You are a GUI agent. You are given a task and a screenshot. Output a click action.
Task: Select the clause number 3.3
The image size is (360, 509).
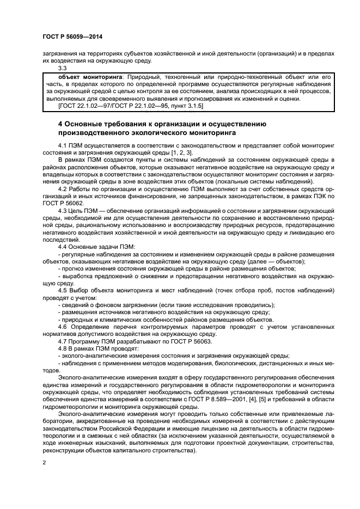coord(63,69)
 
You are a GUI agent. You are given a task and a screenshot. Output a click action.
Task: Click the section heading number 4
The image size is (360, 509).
coord(60,124)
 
